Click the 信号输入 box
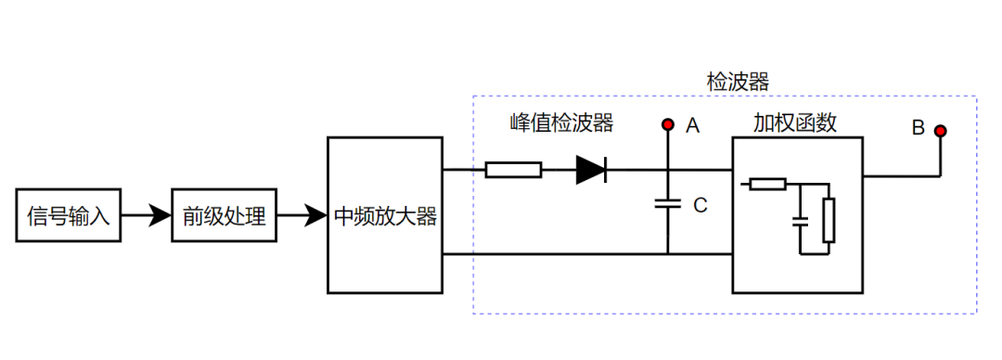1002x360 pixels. [x=69, y=217]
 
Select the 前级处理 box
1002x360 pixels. [x=224, y=217]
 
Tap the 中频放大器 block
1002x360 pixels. [x=385, y=217]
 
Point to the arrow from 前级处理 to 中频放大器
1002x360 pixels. [x=302, y=217]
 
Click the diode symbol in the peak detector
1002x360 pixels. [x=591, y=170]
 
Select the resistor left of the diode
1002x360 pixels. [x=513, y=170]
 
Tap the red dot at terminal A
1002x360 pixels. [x=666, y=124]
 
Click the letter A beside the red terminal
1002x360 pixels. [x=692, y=126]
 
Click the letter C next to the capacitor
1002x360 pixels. [x=700, y=206]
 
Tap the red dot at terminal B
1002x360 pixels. [x=940, y=131]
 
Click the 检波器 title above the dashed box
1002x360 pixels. [x=739, y=82]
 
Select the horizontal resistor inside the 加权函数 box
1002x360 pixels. [x=768, y=184]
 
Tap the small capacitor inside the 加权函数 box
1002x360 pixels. [x=799, y=223]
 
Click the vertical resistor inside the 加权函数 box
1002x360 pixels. [x=829, y=220]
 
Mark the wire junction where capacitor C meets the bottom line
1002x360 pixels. [x=666, y=253]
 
